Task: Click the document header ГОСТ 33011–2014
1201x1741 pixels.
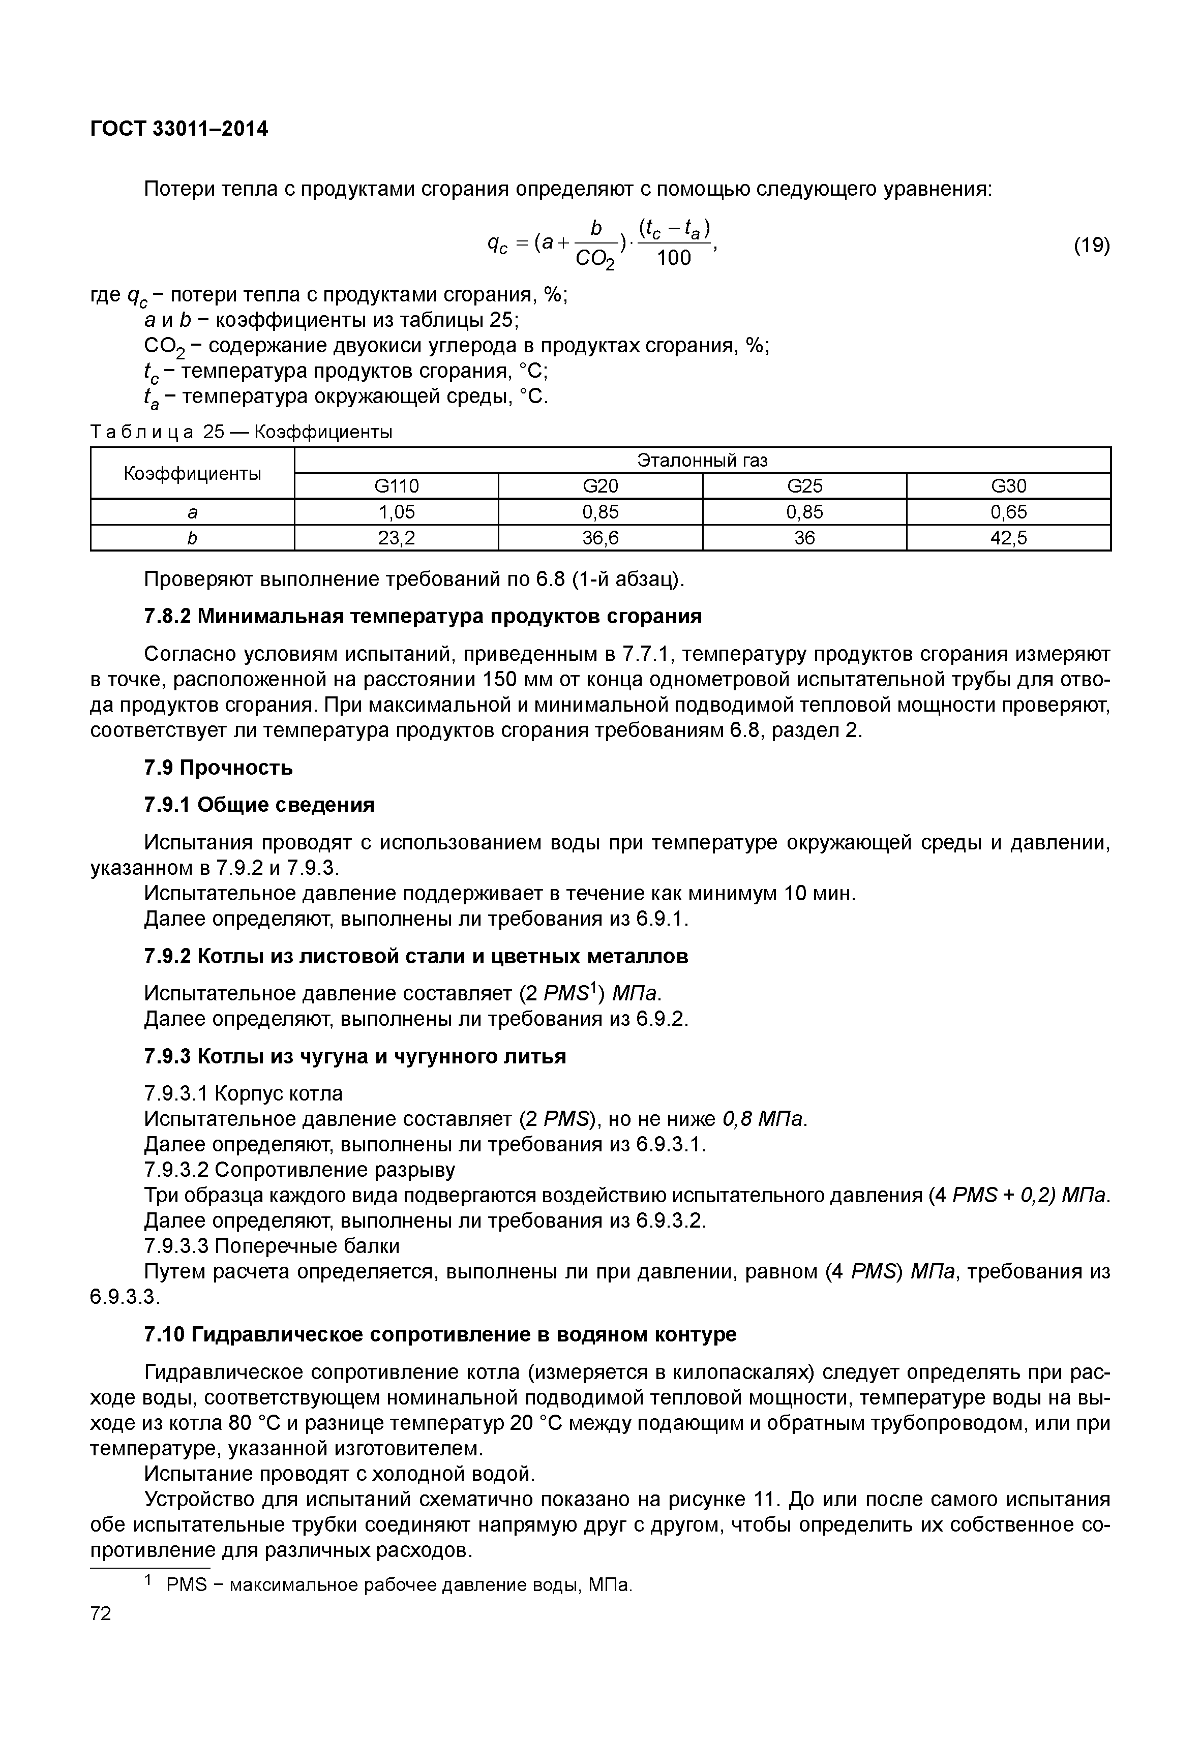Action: (178, 130)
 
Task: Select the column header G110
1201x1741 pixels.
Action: (397, 486)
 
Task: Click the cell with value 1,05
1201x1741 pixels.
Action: (397, 512)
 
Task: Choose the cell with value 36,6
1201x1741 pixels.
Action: (600, 538)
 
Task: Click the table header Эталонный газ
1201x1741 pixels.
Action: (702, 460)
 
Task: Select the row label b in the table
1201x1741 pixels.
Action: (192, 538)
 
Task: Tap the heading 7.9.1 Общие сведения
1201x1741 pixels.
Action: (259, 805)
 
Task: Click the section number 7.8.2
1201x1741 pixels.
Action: (167, 617)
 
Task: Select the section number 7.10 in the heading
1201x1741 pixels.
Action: (164, 1335)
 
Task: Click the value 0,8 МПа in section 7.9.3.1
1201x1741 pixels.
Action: (762, 1119)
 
